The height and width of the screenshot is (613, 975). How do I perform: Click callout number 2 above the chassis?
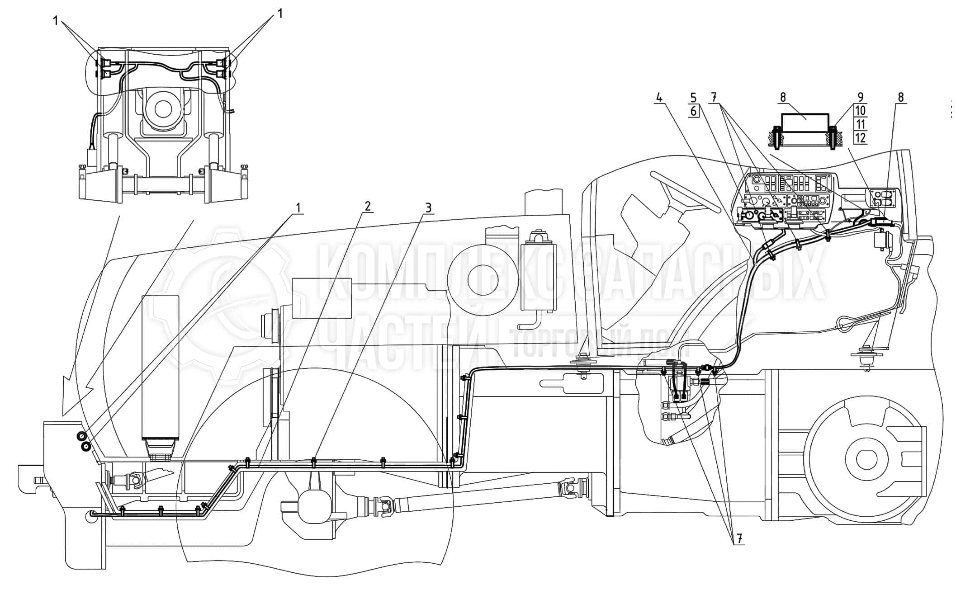[367, 206]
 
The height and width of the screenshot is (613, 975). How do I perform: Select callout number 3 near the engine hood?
[428, 207]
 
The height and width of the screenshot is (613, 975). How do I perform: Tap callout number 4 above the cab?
[659, 98]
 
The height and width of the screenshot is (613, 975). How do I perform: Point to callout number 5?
[694, 98]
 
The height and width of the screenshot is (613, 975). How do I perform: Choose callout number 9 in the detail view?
[860, 97]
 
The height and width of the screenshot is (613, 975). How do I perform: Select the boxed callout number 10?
[860, 111]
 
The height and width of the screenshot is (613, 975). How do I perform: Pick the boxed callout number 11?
[860, 124]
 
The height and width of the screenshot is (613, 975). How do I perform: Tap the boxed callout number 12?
[860, 137]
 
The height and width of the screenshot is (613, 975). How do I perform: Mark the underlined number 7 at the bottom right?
[739, 538]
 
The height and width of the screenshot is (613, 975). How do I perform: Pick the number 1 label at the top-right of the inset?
[280, 14]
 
